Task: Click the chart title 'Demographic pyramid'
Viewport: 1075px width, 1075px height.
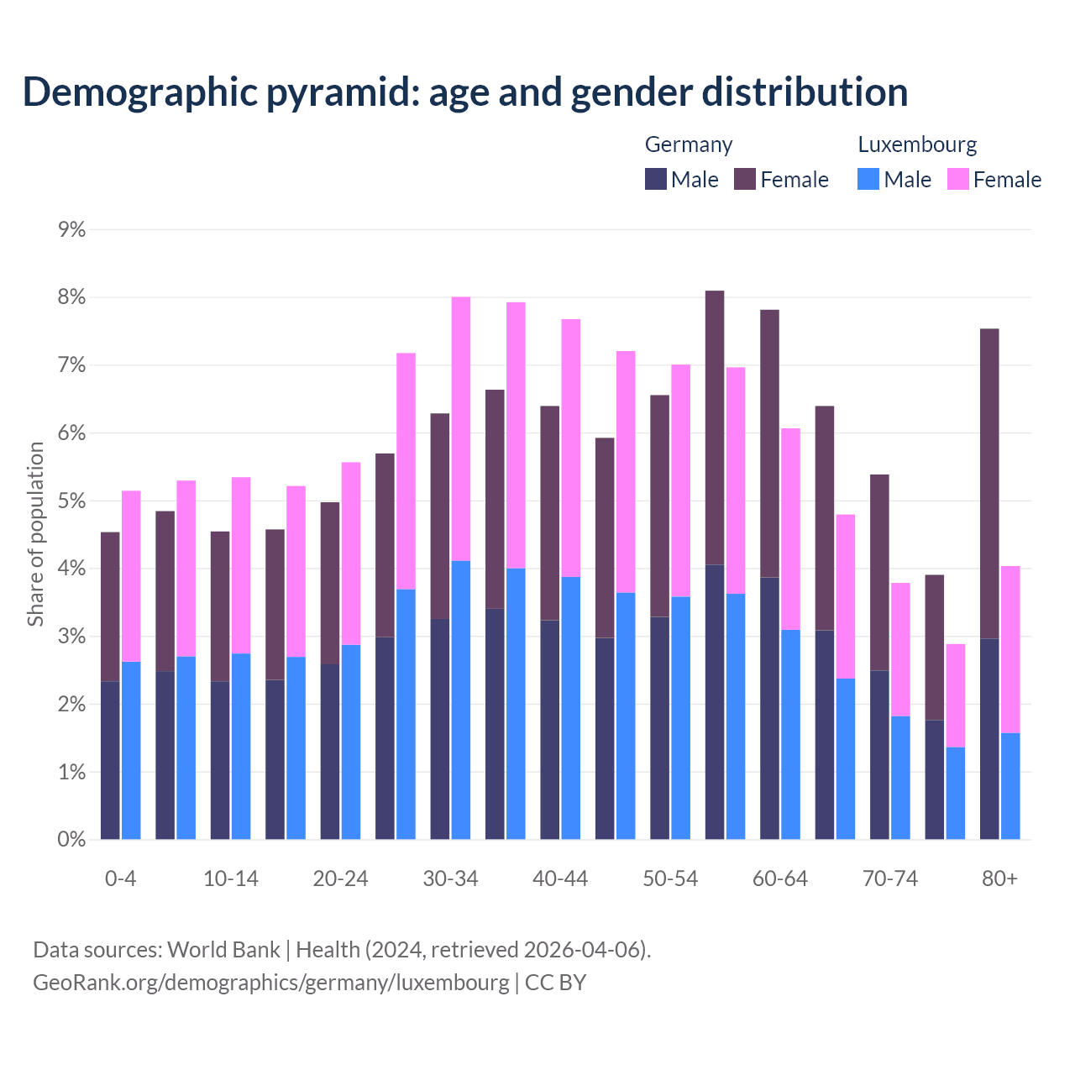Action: [x=464, y=92]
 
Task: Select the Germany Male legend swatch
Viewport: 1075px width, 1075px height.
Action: [x=656, y=179]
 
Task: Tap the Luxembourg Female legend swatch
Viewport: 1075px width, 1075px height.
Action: [x=958, y=179]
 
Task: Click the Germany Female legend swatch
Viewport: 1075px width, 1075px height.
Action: [x=745, y=179]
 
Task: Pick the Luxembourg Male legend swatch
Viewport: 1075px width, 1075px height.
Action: [x=868, y=179]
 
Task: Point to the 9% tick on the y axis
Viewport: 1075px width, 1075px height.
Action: [x=72, y=229]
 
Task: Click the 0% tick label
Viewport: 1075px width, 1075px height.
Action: [x=72, y=839]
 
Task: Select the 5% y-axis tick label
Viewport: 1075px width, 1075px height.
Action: [x=72, y=501]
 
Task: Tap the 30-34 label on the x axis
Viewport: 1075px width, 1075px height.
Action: [x=450, y=878]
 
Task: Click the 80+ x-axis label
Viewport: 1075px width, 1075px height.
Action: [x=999, y=878]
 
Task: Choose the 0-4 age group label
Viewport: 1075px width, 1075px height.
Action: [x=121, y=878]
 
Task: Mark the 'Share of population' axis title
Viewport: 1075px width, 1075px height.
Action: [x=35, y=534]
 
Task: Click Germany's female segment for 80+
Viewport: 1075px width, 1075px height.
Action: [x=989, y=483]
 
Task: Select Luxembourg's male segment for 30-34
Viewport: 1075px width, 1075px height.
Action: [x=461, y=700]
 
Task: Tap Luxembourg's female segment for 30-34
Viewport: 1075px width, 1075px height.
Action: [x=461, y=428]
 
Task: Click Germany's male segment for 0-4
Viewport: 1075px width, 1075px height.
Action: [x=110, y=760]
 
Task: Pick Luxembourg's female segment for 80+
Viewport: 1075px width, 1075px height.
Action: [x=1010, y=649]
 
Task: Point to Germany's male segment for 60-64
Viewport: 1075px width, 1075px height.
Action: [x=769, y=708]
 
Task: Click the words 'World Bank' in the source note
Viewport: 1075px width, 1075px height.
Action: [x=223, y=950]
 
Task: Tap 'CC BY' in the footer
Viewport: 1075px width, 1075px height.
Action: [x=555, y=983]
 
